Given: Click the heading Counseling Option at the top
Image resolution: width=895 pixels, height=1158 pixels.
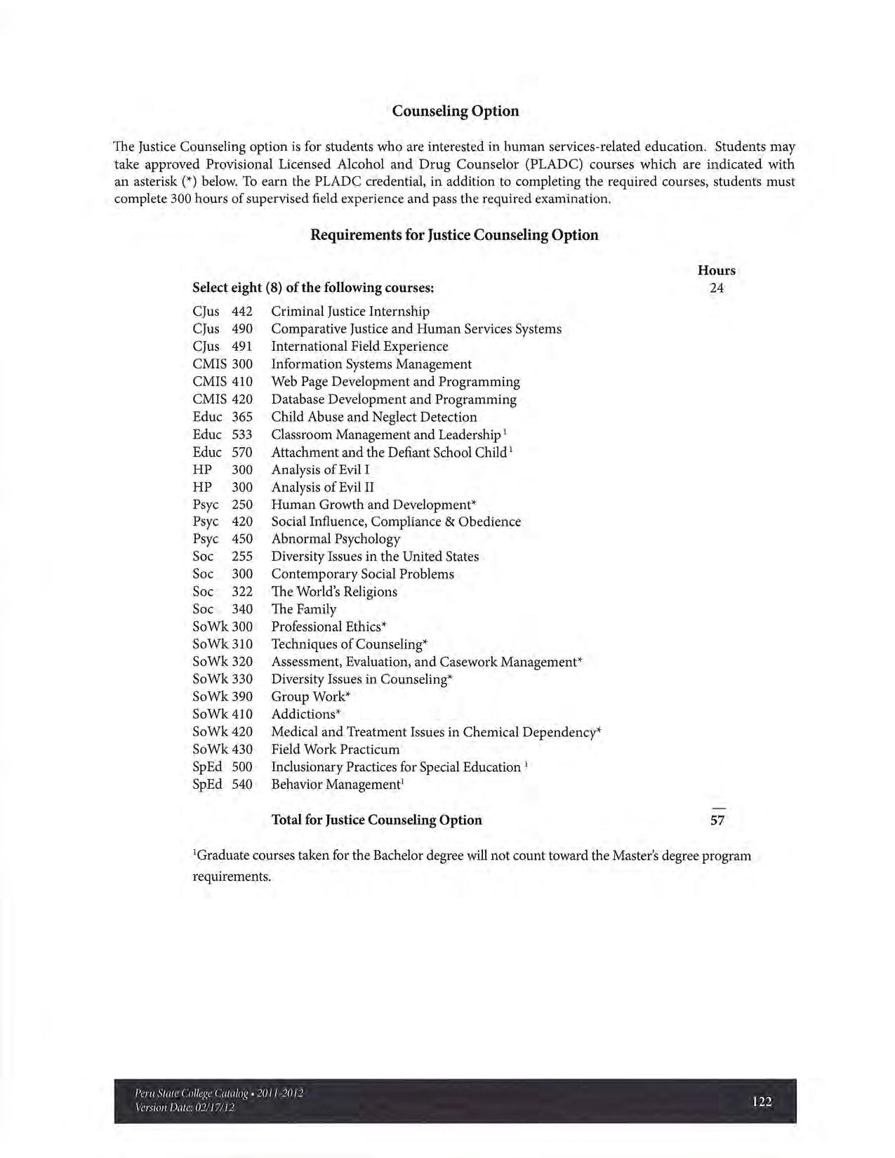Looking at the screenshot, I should pyautogui.click(x=455, y=112).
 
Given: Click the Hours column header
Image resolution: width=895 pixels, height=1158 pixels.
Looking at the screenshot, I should pyautogui.click(x=716, y=271).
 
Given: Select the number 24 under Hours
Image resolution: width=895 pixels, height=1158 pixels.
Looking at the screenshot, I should pyautogui.click(x=716, y=288).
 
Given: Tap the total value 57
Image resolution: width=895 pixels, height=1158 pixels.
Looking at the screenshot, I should pyautogui.click(x=717, y=820).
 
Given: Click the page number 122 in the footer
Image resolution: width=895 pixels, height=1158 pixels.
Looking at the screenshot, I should pyautogui.click(x=762, y=1102).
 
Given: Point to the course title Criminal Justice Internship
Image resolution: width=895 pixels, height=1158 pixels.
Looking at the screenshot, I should pyautogui.click(x=350, y=312).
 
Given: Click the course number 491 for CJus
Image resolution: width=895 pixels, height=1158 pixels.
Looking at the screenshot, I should pyautogui.click(x=242, y=347).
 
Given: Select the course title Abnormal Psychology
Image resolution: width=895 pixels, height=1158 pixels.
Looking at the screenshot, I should pyautogui.click(x=336, y=539).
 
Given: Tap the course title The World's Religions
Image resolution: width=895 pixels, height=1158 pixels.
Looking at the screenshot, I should pyautogui.click(x=334, y=592).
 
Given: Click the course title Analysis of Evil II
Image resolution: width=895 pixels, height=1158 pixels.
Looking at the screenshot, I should pyautogui.click(x=322, y=487).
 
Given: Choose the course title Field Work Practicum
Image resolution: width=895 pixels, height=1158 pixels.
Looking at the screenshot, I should pyautogui.click(x=336, y=750).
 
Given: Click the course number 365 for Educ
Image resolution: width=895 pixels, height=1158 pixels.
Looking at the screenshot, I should pyautogui.click(x=242, y=417).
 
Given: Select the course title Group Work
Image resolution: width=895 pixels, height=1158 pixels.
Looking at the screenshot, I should pyautogui.click(x=310, y=697).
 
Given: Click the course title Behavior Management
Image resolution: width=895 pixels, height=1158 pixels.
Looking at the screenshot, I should pyautogui.click(x=336, y=785).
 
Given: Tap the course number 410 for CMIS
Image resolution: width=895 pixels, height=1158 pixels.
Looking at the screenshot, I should pyautogui.click(x=242, y=382).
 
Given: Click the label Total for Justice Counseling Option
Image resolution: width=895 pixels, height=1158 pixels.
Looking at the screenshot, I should pyautogui.click(x=376, y=820).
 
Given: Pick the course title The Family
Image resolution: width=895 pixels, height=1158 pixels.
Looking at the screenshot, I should pyautogui.click(x=304, y=609).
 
